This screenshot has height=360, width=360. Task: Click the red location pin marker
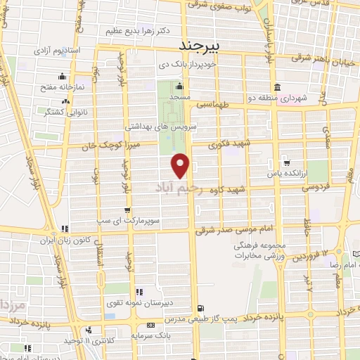(181, 165)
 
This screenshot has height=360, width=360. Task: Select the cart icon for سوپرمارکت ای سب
(127, 210)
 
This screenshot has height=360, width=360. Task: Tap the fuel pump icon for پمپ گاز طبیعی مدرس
(202, 308)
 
